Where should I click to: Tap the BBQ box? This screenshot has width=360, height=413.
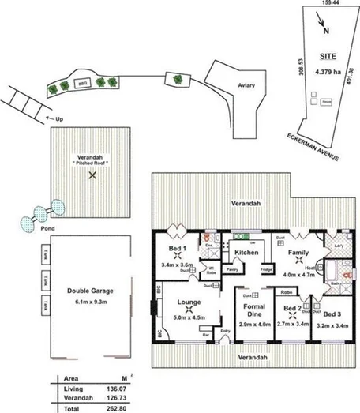pos(81,82)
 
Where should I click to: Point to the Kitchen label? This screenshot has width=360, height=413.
pos(247,253)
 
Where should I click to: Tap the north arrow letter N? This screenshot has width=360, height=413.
pos(327,32)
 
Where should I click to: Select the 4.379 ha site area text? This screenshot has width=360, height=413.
pos(326,72)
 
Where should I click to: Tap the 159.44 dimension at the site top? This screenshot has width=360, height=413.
pos(319,4)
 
